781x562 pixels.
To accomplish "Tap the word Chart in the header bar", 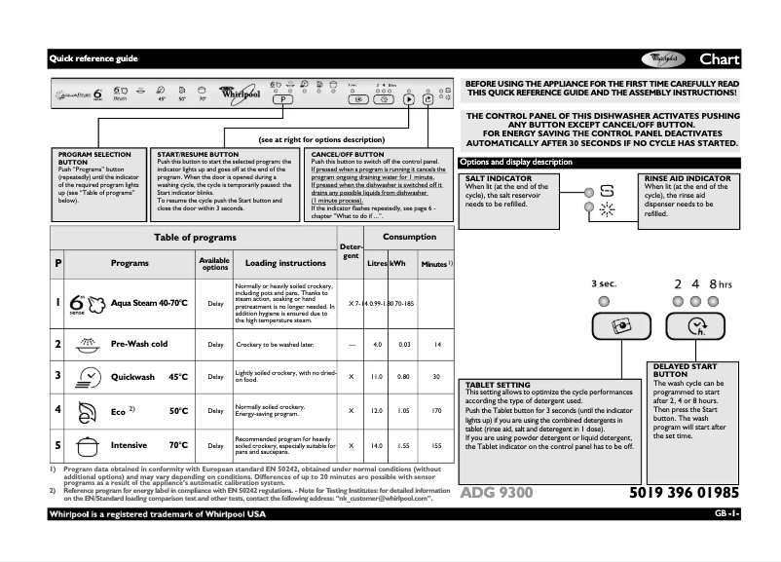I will pos(720,59).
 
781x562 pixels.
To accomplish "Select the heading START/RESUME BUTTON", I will pos(198,154).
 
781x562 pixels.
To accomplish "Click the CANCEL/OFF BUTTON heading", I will pos(347,154).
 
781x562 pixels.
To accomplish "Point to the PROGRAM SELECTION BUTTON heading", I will pos(94,158).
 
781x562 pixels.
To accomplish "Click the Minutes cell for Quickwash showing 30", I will pos(436,376).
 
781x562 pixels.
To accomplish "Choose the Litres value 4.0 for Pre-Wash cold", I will pos(378,345).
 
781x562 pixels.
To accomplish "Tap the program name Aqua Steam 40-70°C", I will pos(149,304).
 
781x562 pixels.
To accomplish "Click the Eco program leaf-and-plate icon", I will pos(85,410).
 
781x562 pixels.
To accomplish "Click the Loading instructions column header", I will pos(285,263).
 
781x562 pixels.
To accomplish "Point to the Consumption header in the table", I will pos(409,237).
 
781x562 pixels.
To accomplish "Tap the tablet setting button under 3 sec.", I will pos(605,326).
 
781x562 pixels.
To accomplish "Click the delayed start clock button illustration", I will pos(694,326).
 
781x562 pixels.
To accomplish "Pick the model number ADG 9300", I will pos(497,493).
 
